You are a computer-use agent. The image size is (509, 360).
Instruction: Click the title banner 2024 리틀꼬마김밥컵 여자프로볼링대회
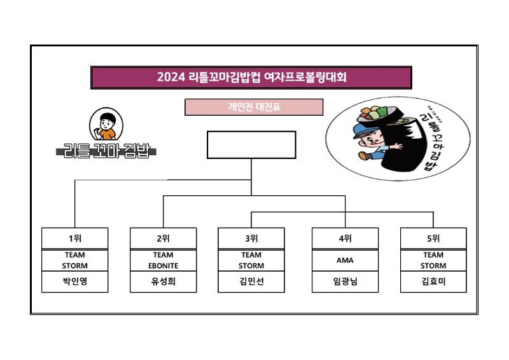pos(251,78)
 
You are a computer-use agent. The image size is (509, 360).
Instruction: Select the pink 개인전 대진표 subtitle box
pos(254,107)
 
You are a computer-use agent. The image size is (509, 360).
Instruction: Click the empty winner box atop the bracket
pos(251,144)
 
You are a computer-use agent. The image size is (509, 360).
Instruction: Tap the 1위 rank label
pos(74,239)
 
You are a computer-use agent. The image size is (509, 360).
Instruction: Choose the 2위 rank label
pos(163,239)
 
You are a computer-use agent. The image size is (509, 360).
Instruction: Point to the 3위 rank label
pos(251,239)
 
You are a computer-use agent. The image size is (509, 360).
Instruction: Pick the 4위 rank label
pos(345,239)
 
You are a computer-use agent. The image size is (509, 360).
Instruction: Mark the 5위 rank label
pos(433,239)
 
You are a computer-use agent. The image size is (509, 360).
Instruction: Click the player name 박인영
pos(74,282)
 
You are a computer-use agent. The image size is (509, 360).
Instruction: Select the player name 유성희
pos(163,282)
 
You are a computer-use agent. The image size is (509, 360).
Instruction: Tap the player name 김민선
pos(251,282)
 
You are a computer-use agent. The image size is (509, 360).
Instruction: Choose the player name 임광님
pos(345,282)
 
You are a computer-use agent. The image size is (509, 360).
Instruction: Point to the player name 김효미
pos(433,282)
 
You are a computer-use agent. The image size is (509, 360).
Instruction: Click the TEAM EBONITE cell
pos(163,260)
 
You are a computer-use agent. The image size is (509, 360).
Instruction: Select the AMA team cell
pos(345,260)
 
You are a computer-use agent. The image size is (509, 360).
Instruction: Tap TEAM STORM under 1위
pos(74,260)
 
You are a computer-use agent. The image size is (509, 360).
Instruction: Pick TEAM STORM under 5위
pos(433,260)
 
